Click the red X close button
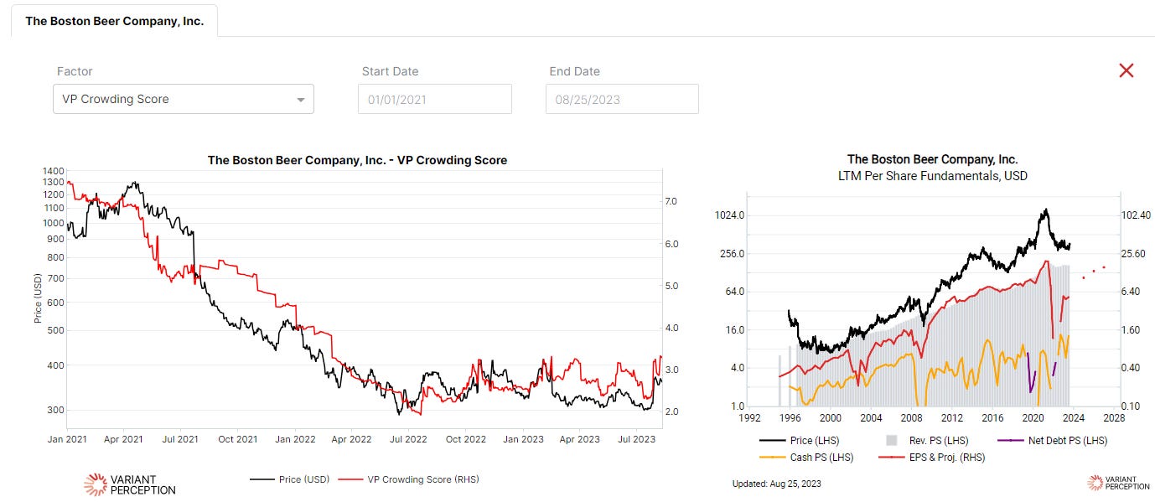[x=1126, y=70]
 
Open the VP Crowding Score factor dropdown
[x=183, y=99]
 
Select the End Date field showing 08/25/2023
[x=621, y=99]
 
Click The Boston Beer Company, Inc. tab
[x=114, y=21]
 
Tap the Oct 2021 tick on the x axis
[x=238, y=438]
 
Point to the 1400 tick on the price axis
[x=53, y=170]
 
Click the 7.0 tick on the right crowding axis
[x=671, y=202]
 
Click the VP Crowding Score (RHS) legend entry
[x=422, y=479]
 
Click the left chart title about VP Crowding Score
[x=357, y=160]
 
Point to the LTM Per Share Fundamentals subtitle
[x=932, y=176]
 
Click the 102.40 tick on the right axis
[x=1137, y=215]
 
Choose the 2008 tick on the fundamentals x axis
[x=912, y=417]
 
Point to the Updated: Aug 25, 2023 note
[x=776, y=484]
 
